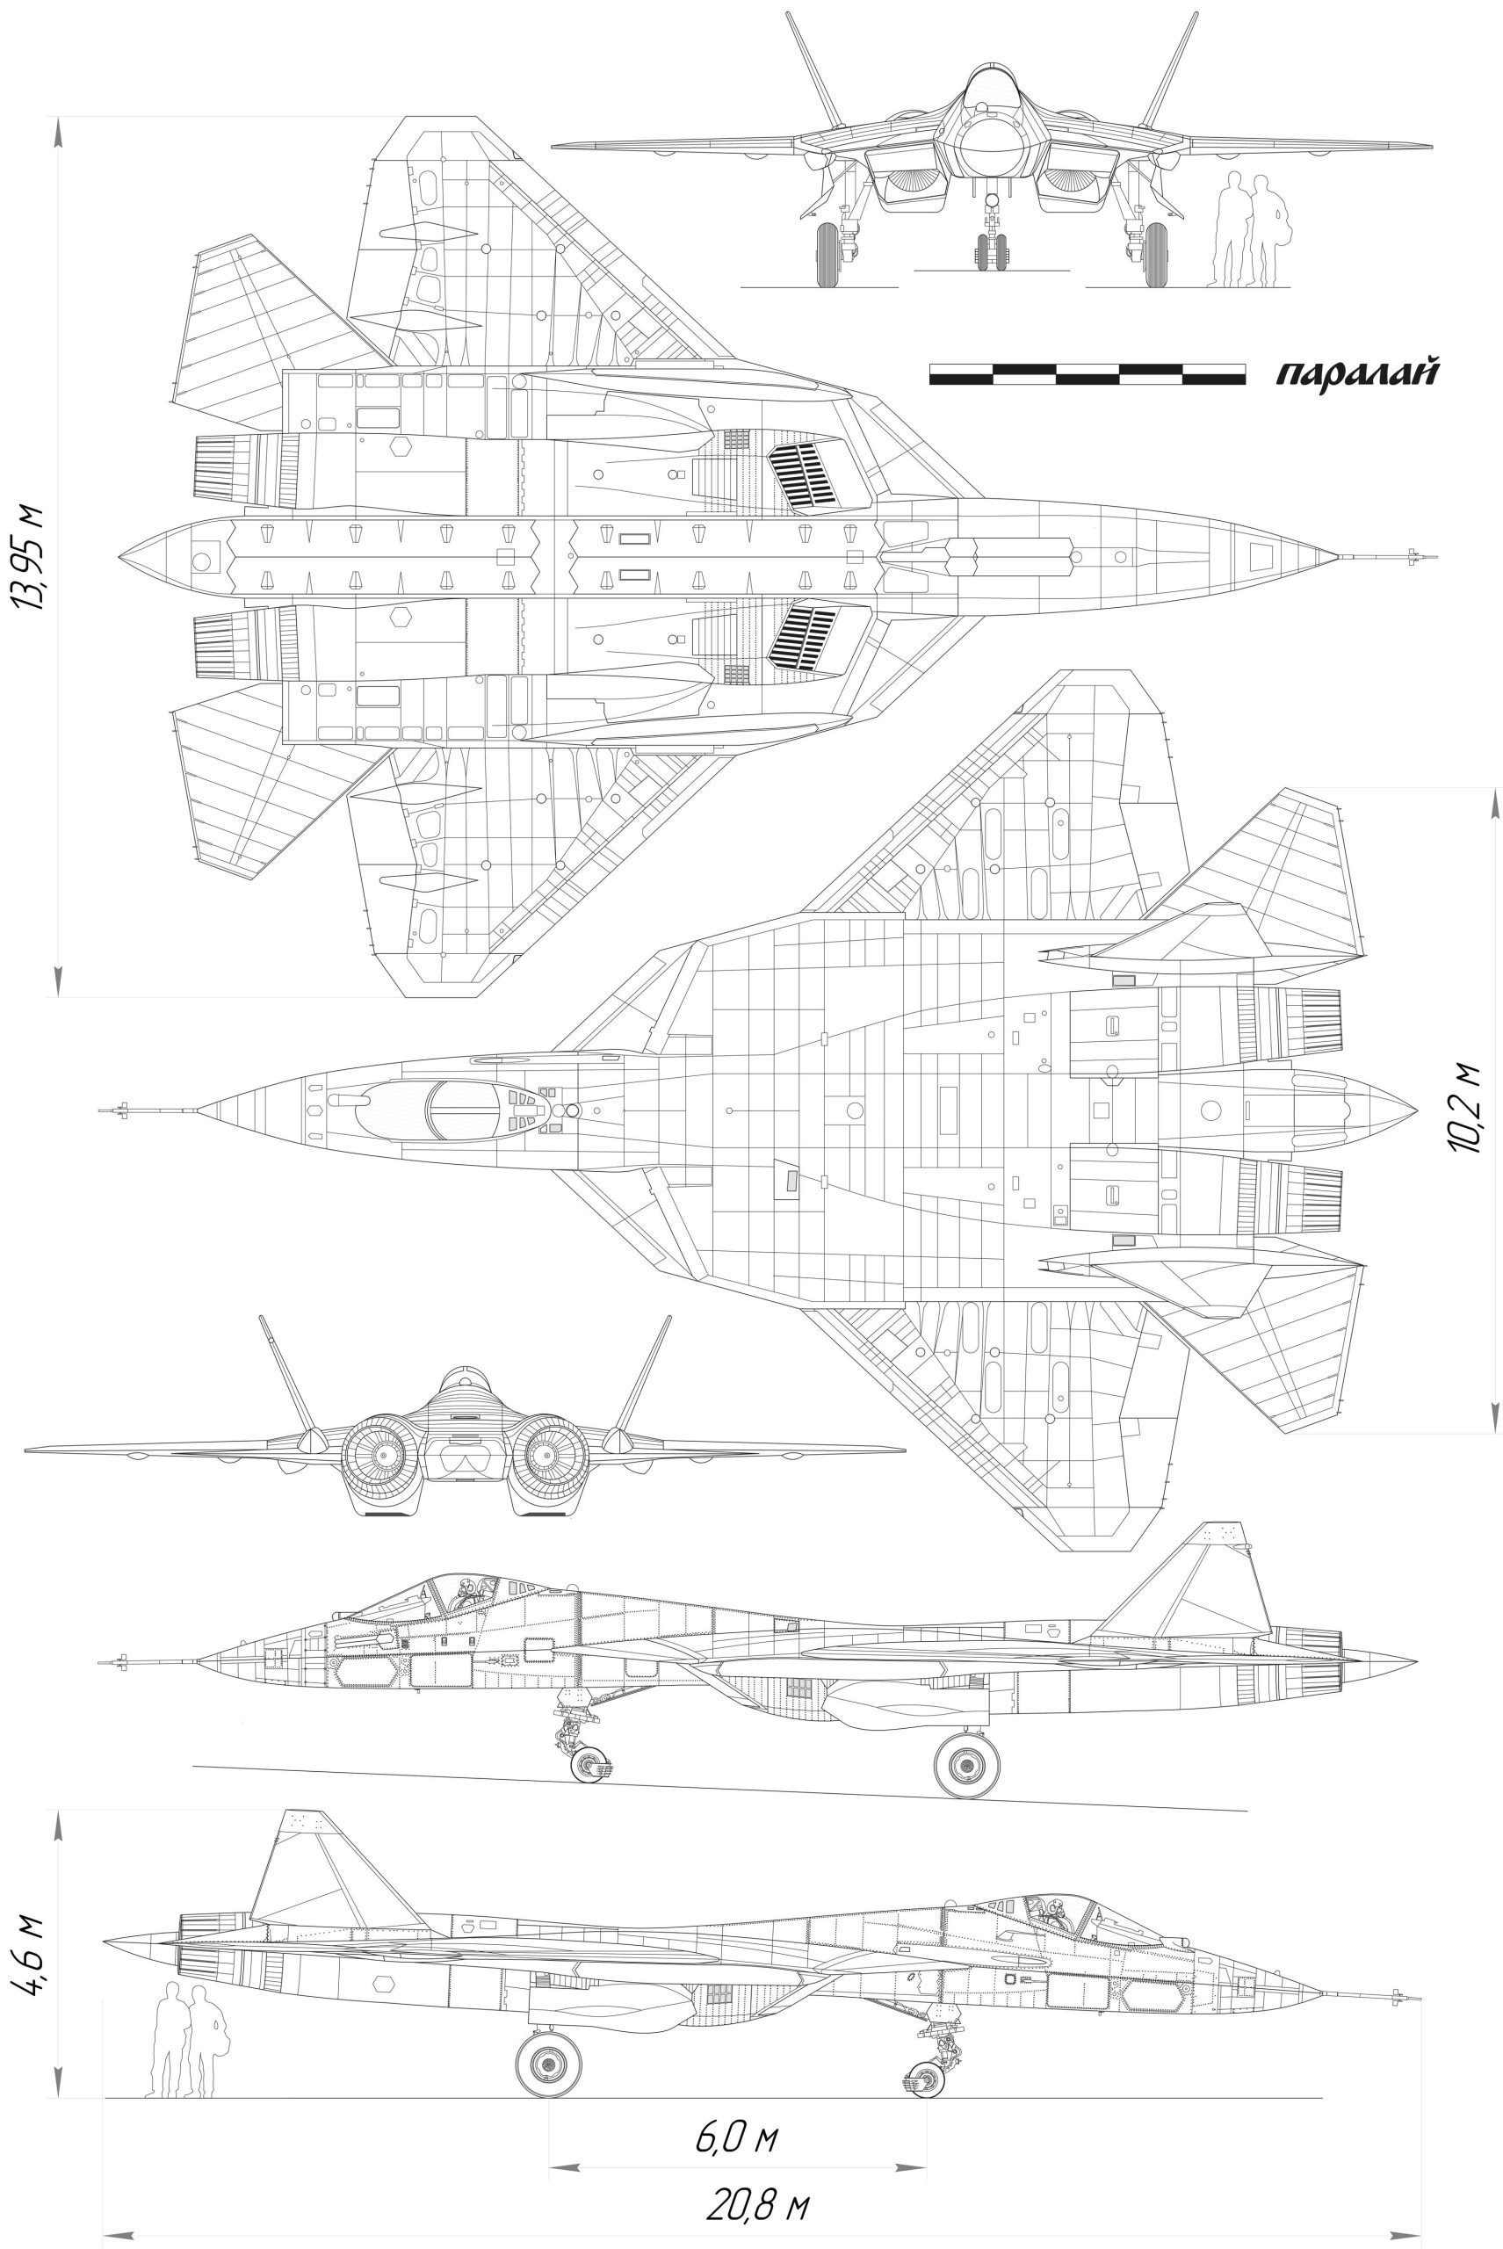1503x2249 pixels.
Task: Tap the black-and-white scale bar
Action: pos(1087,374)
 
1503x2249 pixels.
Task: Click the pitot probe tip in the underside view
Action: pos(1435,556)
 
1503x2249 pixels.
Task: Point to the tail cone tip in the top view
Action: pos(1417,1110)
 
